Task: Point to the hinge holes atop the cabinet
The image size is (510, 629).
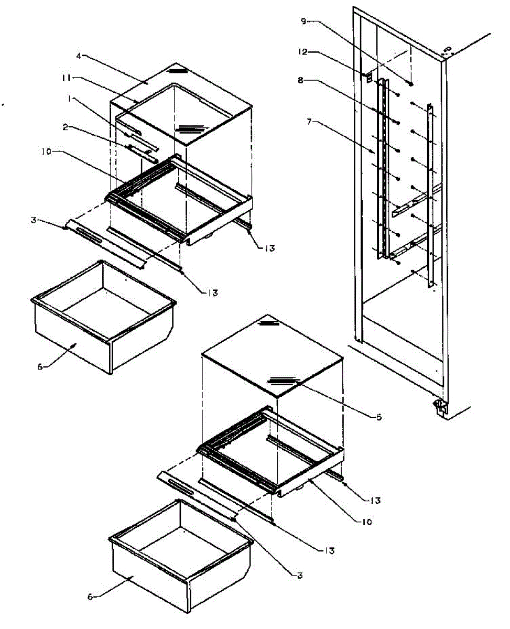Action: (x=447, y=50)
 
